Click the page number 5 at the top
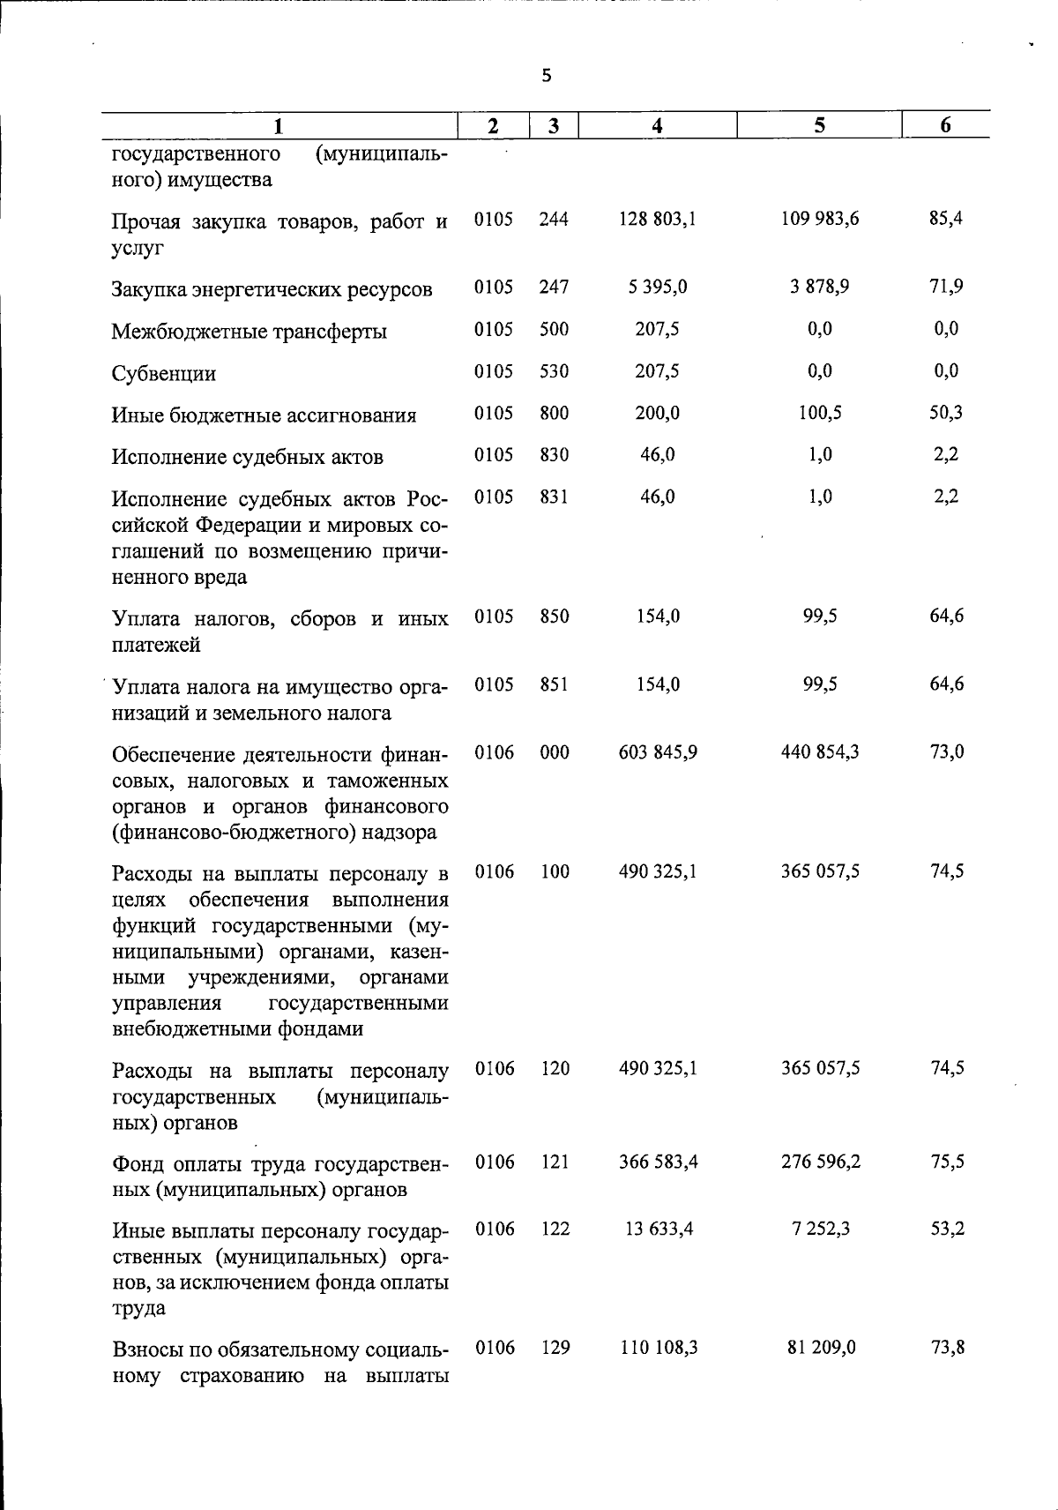[547, 76]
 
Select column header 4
[657, 126]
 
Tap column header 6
[945, 125]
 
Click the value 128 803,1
[657, 219]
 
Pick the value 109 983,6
[820, 218]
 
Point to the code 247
[554, 287]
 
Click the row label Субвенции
[164, 373]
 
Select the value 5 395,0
[657, 287]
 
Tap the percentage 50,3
[946, 413]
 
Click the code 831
[554, 497]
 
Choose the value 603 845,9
[658, 752]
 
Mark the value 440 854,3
[820, 752]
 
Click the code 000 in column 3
[554, 752]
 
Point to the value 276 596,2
[820, 1162]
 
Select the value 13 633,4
[658, 1229]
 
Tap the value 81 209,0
[820, 1348]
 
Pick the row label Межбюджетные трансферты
[250, 332]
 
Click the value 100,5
[820, 413]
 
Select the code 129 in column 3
[555, 1348]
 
